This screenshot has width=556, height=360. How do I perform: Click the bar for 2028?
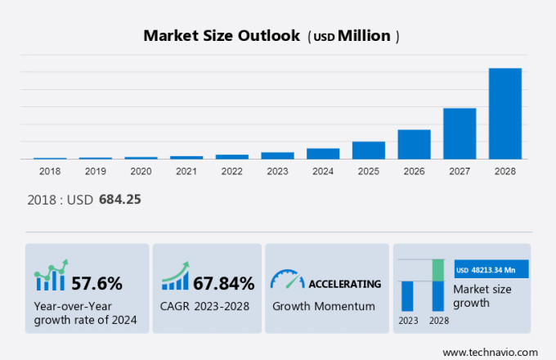(x=504, y=113)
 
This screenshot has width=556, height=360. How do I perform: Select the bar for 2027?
(x=460, y=133)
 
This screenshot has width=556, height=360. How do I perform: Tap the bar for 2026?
(x=414, y=144)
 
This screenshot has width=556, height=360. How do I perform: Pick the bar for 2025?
(x=368, y=151)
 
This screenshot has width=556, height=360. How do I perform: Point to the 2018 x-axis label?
(x=50, y=171)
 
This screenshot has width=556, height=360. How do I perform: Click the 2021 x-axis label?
(x=186, y=171)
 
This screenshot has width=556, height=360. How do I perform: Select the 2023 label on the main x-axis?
(x=277, y=171)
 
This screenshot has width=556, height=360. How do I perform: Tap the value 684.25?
(x=120, y=199)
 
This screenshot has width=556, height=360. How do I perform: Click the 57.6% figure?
(x=96, y=284)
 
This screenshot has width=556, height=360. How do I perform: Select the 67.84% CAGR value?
(x=224, y=284)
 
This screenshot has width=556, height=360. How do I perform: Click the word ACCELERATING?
(x=344, y=284)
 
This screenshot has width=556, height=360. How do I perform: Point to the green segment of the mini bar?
(x=438, y=270)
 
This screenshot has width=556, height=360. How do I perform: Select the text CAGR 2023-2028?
(x=204, y=306)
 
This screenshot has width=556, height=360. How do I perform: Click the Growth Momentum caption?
(x=323, y=306)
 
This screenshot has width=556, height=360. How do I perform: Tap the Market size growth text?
(x=482, y=296)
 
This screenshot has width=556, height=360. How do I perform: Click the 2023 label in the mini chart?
(x=407, y=320)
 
